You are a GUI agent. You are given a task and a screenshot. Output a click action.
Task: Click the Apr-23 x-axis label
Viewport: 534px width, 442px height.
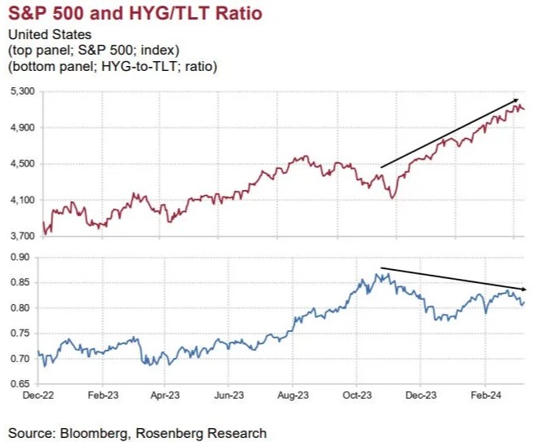point(164,394)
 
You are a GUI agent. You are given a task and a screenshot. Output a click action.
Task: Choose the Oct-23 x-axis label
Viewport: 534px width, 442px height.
point(357,394)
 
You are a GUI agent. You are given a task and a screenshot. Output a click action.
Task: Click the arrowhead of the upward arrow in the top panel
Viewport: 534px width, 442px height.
point(518,101)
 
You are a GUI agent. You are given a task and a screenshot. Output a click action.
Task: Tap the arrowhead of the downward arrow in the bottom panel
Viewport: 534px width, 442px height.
point(526,289)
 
